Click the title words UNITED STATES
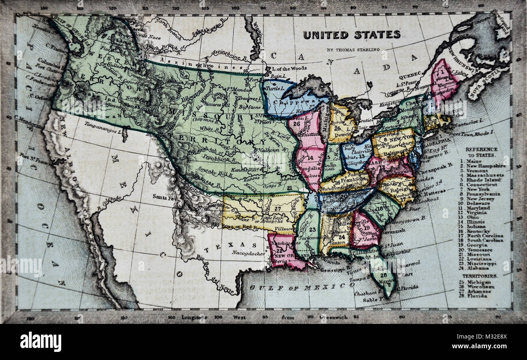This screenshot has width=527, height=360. (x=351, y=35)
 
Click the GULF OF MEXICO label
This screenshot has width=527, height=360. (x=302, y=286)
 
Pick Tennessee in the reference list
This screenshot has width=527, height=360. (x=481, y=250)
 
